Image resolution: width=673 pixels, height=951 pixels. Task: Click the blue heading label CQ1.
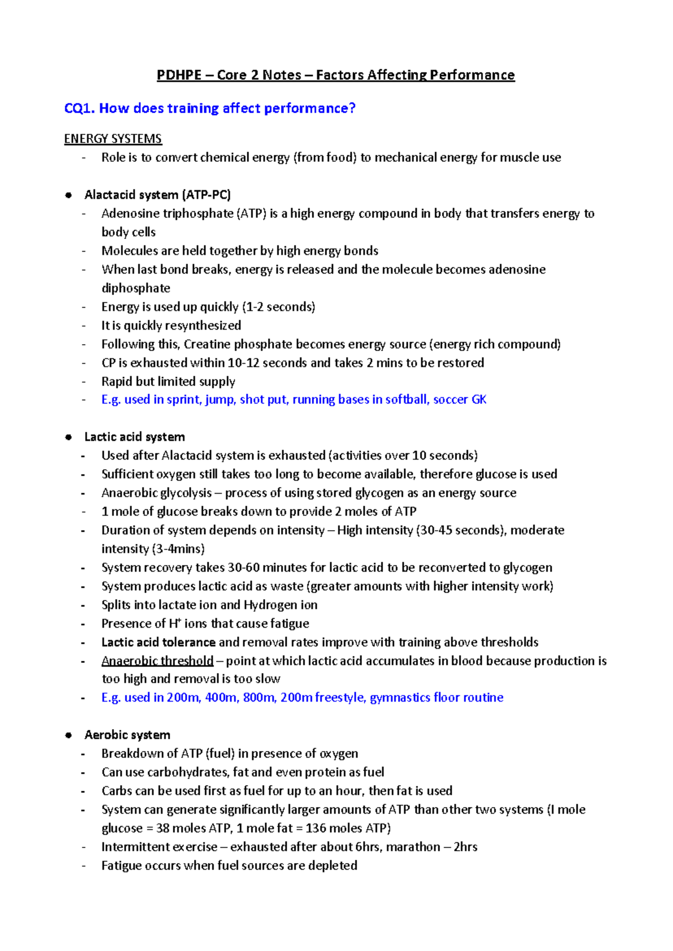[x=80, y=108]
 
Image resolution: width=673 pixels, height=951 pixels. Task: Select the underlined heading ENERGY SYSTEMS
[x=113, y=139]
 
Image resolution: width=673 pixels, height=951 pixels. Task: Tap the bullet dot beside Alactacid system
[x=68, y=195]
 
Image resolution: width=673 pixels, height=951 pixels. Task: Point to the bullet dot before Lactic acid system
[x=68, y=437]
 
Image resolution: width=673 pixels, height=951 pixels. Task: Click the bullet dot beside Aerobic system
[x=68, y=735]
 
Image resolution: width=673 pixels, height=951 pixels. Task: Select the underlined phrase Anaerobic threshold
[x=157, y=661]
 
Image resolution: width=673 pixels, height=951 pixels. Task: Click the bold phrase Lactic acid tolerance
[x=158, y=642]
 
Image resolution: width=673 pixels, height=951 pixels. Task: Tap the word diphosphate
[x=136, y=288]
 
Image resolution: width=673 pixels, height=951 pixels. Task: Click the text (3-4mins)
[x=178, y=549]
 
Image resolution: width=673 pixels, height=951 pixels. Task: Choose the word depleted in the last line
[x=333, y=866]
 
